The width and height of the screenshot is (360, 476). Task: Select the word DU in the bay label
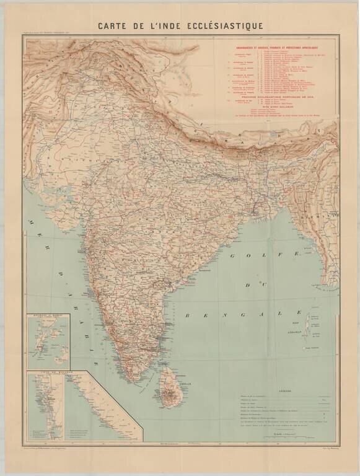point(252,285)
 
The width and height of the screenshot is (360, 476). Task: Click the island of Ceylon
point(169,389)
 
